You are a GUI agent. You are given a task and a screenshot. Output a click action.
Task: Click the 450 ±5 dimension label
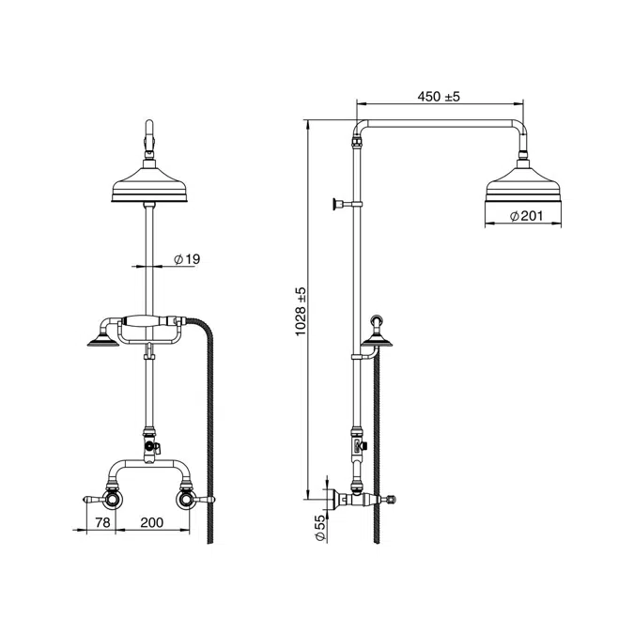[439, 97]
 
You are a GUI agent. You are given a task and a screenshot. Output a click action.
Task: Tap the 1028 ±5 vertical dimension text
[301, 311]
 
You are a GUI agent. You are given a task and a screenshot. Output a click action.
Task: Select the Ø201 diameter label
[526, 216]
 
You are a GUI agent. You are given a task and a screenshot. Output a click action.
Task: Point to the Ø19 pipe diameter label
[187, 259]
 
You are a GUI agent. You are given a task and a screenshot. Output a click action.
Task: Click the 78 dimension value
[102, 522]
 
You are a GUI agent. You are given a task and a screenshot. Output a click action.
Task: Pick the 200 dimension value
[152, 522]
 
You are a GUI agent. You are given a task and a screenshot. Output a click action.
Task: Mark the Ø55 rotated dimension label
[319, 528]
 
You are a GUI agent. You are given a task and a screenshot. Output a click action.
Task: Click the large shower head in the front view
[149, 184]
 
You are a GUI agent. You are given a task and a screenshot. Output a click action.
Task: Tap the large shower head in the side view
[523, 184]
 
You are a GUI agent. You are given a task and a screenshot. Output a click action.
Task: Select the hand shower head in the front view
[103, 340]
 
